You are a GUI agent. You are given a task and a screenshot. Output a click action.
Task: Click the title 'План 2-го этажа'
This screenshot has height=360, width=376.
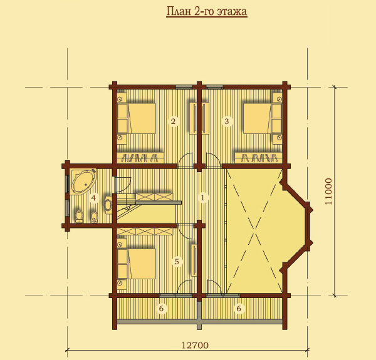207,11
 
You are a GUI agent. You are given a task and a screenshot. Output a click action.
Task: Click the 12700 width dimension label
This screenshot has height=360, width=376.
195,345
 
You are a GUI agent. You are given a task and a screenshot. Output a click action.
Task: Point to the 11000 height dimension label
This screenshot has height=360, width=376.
329,192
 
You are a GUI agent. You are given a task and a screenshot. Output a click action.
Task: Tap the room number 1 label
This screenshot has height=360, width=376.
202,198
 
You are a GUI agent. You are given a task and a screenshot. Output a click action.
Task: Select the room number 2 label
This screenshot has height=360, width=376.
173,121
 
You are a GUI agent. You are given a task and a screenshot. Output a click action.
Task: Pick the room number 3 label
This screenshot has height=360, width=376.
226,121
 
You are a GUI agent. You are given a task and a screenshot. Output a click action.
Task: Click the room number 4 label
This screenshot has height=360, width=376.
93,198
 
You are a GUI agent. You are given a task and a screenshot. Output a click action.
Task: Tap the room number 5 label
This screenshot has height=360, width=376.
177,261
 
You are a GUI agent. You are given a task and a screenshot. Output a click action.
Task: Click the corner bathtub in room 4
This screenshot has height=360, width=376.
83,181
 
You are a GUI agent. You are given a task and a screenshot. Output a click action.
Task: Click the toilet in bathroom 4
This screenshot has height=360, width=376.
79,216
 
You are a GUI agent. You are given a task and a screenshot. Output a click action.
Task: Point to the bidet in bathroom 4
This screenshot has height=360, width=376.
94,217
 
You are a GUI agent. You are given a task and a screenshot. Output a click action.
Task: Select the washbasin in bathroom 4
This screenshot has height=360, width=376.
108,205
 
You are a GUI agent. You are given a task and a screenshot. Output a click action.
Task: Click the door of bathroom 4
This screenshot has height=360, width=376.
123,185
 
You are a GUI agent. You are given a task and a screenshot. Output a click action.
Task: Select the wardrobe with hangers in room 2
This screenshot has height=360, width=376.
140,158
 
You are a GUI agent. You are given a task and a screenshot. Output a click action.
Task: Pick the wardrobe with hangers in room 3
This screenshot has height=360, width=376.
258,158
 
